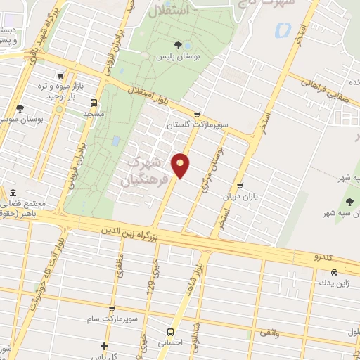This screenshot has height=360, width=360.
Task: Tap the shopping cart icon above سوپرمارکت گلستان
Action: pos(197,114)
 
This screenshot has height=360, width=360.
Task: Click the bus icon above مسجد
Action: pos(94,102)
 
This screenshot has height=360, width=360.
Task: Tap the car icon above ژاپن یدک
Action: pos(334,272)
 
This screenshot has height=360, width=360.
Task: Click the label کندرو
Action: pos(325,259)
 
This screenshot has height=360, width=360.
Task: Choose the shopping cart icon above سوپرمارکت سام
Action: pos(111,309)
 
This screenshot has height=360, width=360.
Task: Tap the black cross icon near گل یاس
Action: pos(104,346)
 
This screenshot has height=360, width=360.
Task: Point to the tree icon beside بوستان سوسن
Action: pos(20,108)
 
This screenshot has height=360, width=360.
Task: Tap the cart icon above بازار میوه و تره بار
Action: pos(61,75)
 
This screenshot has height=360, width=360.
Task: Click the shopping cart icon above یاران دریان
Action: pos(240,186)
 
